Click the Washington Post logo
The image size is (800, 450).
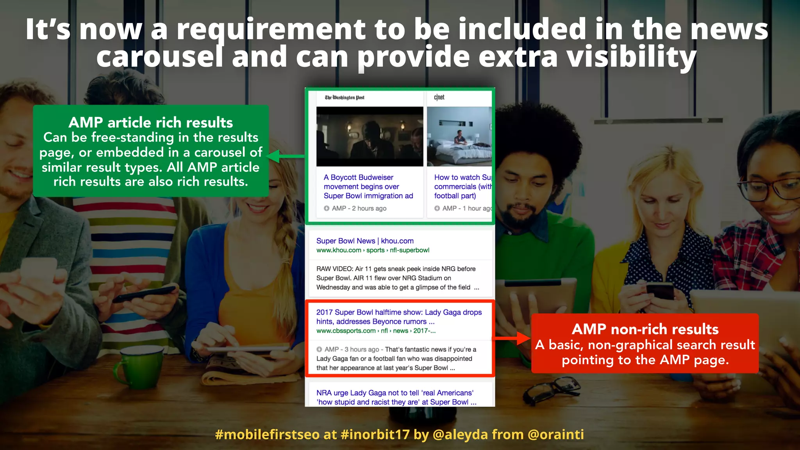coord(345,98)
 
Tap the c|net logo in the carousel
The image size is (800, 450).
coord(439,97)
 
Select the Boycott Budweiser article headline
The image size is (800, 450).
coord(368,187)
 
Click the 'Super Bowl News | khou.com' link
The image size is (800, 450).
coord(365,241)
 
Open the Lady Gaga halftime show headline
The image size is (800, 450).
coord(399,317)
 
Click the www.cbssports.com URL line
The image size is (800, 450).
coord(376,331)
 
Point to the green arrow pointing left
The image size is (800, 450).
coord(284,156)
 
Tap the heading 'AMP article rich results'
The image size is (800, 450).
coord(151,123)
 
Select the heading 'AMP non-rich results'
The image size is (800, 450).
coord(645,329)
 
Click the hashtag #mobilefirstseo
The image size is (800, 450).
coord(267,434)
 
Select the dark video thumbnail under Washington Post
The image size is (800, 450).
coord(370,136)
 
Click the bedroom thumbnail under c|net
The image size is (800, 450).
coord(459,136)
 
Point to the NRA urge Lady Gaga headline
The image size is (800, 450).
coord(396,397)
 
